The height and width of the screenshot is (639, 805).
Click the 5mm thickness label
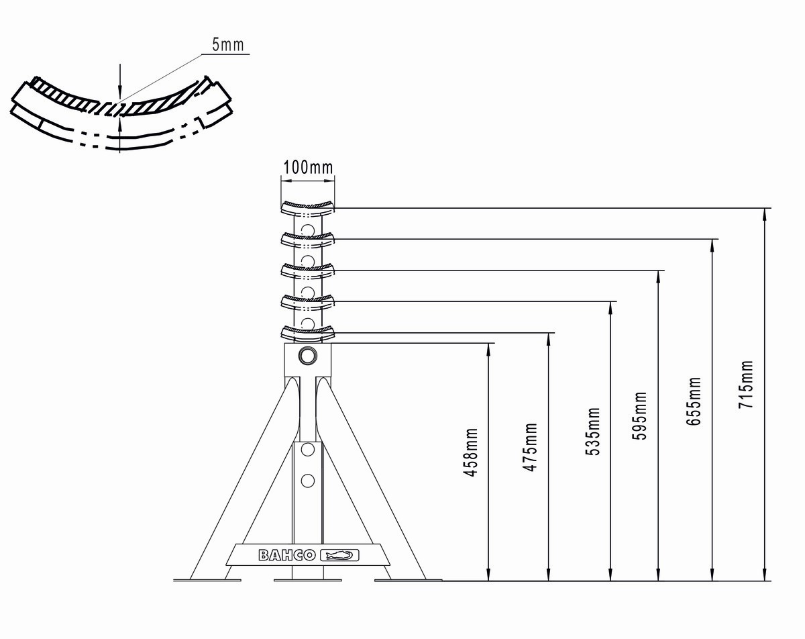pyautogui.click(x=228, y=44)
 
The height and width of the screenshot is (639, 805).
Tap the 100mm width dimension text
pyautogui.click(x=308, y=167)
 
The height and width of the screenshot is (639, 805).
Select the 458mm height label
pyautogui.click(x=470, y=452)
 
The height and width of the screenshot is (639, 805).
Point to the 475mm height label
pyautogui.click(x=530, y=447)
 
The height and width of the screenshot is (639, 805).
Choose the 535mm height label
pyautogui.click(x=592, y=431)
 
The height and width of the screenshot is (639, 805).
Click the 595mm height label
pyautogui.click(x=639, y=415)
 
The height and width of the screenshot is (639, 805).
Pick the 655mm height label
pyautogui.click(x=694, y=401)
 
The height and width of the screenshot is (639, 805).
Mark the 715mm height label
pyautogui.click(x=745, y=384)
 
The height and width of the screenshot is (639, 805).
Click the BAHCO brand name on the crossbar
pyautogui.click(x=287, y=555)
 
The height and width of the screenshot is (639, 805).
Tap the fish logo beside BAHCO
pyautogui.click(x=340, y=555)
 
